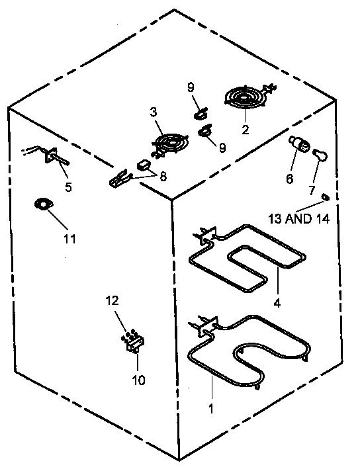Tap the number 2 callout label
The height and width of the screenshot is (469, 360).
pos(245,130)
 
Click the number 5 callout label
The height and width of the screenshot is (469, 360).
pos(68,187)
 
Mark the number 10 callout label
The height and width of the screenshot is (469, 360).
pos(138,380)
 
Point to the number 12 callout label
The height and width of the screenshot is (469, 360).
pos(112,301)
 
